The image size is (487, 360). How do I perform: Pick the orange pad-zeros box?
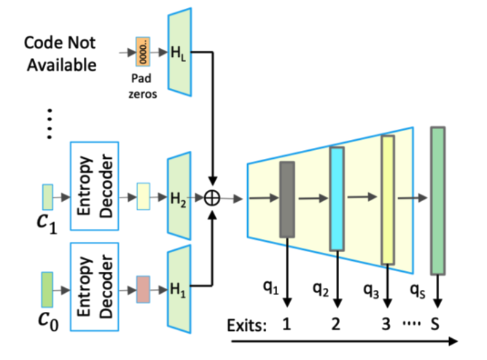(x=141, y=52)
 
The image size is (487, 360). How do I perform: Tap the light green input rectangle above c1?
(x=47, y=197)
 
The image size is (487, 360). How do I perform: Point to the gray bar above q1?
(x=287, y=199)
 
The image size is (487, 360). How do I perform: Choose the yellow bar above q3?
(x=388, y=198)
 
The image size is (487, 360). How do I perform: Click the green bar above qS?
(x=437, y=200)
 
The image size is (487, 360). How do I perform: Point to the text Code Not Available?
(x=62, y=53)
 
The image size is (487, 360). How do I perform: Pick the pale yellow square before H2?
(x=143, y=197)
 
